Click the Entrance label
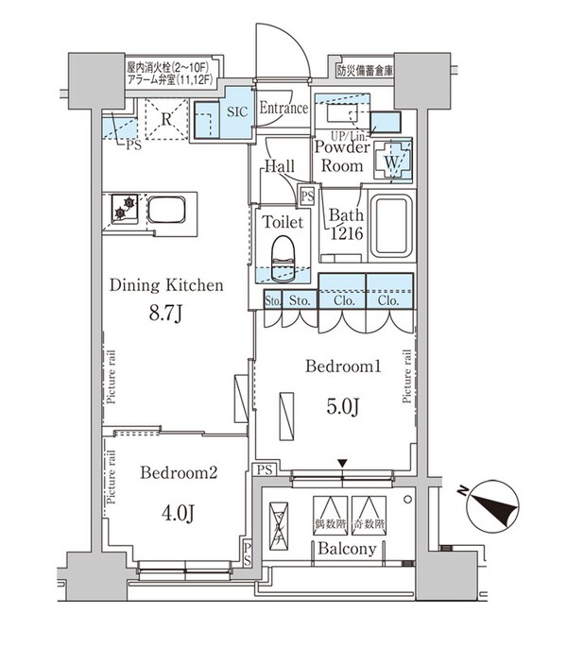pos(283,108)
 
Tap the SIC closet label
pos(237,110)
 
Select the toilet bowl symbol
pos(283,257)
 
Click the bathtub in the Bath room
pos(392,227)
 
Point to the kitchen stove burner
pos(124,208)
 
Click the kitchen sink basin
pos(169,209)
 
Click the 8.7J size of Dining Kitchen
pos(165,313)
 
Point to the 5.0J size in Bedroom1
pos(341,407)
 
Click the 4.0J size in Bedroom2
pos(178,513)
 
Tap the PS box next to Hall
pos(306,196)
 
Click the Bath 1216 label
pos(344,223)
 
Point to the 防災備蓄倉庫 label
pos(368,70)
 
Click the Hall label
pos(279,167)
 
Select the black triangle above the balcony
pos(342,462)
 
